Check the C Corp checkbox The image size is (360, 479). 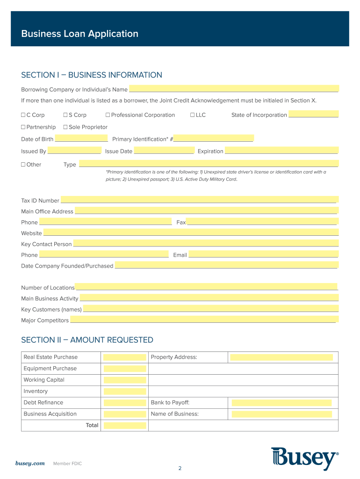[23, 115]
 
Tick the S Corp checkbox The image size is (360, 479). [65, 115]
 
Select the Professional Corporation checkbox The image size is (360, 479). [108, 115]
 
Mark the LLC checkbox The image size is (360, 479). [193, 115]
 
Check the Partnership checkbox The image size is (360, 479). [23, 127]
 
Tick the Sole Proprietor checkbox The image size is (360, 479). [65, 127]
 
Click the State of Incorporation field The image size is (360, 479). [313, 115]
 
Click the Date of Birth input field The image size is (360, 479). [81, 138]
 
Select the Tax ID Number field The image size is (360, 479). [199, 200]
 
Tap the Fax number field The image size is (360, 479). [262, 222]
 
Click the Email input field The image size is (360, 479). [263, 254]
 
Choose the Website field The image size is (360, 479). [191, 232]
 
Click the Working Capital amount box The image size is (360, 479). [125, 380]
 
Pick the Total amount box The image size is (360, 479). [125, 425]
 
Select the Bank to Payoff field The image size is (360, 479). [281, 403]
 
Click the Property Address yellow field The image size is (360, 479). [281, 357]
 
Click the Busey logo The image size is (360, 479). [304, 458]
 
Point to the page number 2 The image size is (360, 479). [180, 468]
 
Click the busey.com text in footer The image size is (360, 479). [30, 463]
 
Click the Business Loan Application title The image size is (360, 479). [80, 34]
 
